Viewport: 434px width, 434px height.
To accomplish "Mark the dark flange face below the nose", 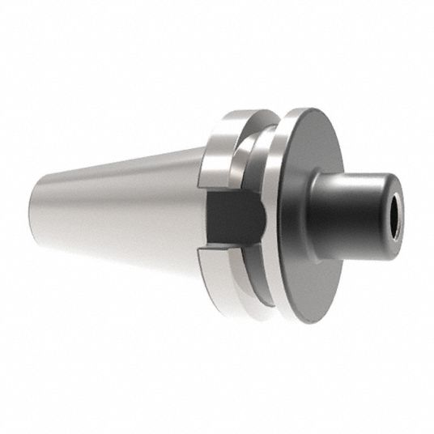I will coord(312,275).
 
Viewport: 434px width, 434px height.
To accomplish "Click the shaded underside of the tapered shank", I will coord(121,247).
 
